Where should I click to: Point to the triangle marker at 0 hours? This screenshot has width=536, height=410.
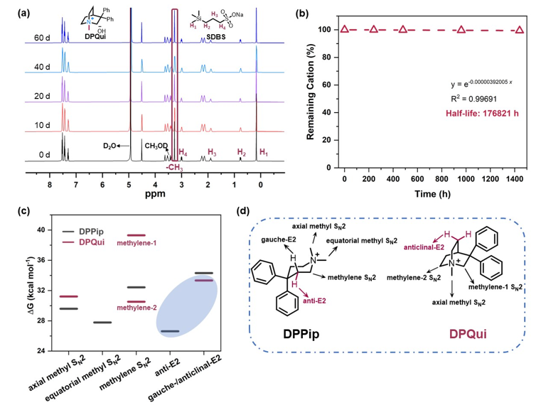point(345,29)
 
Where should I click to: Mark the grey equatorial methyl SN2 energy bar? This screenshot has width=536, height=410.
point(102,323)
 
